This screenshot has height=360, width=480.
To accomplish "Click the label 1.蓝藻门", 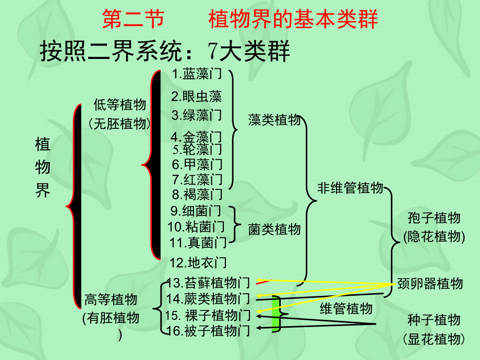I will tap(196, 75).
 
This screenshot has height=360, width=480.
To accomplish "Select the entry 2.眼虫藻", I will tap(196, 96).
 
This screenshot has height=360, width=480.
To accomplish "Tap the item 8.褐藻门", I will tap(197, 195).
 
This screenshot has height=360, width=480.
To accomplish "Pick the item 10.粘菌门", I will tap(196, 226).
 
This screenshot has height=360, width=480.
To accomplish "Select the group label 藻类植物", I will tap(274, 120).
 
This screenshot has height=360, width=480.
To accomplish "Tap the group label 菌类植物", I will tap(274, 229).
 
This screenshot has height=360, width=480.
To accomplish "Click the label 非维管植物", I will tap(350, 188).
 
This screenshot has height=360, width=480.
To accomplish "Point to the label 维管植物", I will tap(346, 308).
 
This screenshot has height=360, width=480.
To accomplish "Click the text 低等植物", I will tap(119, 105).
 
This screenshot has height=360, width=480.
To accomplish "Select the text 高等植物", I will tap(111, 299).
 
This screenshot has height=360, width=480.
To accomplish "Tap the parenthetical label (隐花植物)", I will tap(434, 236).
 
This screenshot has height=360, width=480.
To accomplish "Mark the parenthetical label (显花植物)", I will tap(434, 339).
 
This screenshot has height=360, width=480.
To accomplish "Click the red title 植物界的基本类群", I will tap(293, 20).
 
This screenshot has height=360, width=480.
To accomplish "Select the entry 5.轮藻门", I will tap(197, 150).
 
